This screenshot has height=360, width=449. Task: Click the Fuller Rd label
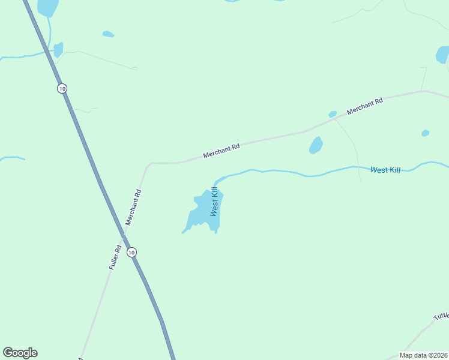coord(116,257)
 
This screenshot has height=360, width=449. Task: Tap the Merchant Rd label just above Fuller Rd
coord(133,208)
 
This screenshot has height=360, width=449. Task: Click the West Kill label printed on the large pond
coord(214,201)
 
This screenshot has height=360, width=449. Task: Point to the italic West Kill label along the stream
coord(385,170)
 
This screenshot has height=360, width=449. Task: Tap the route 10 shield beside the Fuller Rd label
coord(131,252)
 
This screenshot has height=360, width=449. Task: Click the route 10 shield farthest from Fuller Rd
coord(62,88)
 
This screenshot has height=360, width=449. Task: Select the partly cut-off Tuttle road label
coord(441,316)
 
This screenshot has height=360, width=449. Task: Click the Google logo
coord(20,353)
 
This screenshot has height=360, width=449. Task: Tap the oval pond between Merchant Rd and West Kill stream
coord(316,145)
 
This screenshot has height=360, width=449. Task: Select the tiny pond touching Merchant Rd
coord(333,114)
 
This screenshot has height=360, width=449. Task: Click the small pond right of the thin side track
coord(425,133)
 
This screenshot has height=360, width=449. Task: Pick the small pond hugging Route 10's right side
coord(58,49)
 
